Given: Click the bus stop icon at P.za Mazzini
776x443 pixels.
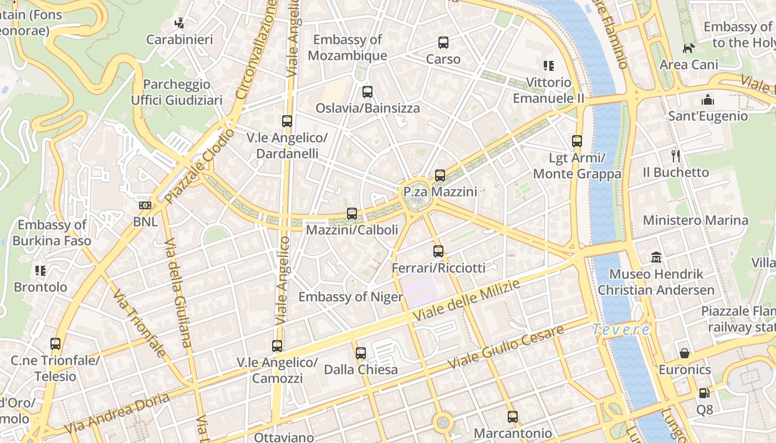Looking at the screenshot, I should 440,176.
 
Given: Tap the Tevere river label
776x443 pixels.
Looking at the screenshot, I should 621,329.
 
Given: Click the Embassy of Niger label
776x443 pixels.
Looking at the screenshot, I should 350,297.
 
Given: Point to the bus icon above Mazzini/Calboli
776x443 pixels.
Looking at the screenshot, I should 351,213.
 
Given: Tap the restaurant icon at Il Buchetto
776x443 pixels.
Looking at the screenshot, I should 675,156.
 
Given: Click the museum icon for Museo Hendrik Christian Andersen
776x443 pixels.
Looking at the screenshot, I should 656,257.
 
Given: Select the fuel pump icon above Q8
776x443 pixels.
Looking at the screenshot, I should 703,393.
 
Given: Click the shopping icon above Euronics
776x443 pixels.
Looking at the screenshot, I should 685,353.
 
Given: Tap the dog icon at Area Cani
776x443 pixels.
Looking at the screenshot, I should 688,49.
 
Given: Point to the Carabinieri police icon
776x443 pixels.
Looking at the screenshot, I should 179,23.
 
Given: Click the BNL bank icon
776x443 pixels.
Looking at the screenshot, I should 145,205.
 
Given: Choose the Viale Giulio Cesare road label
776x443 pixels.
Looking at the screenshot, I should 506,347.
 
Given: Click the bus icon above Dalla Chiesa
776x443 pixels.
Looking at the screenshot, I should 361,353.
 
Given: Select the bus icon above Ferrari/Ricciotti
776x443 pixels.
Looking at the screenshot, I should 438,251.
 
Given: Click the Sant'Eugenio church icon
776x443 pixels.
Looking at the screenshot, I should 707,100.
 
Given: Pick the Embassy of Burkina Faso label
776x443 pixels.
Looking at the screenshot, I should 52,233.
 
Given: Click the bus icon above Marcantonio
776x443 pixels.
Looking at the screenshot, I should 513,416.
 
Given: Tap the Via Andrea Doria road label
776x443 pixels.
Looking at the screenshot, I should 116,414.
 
